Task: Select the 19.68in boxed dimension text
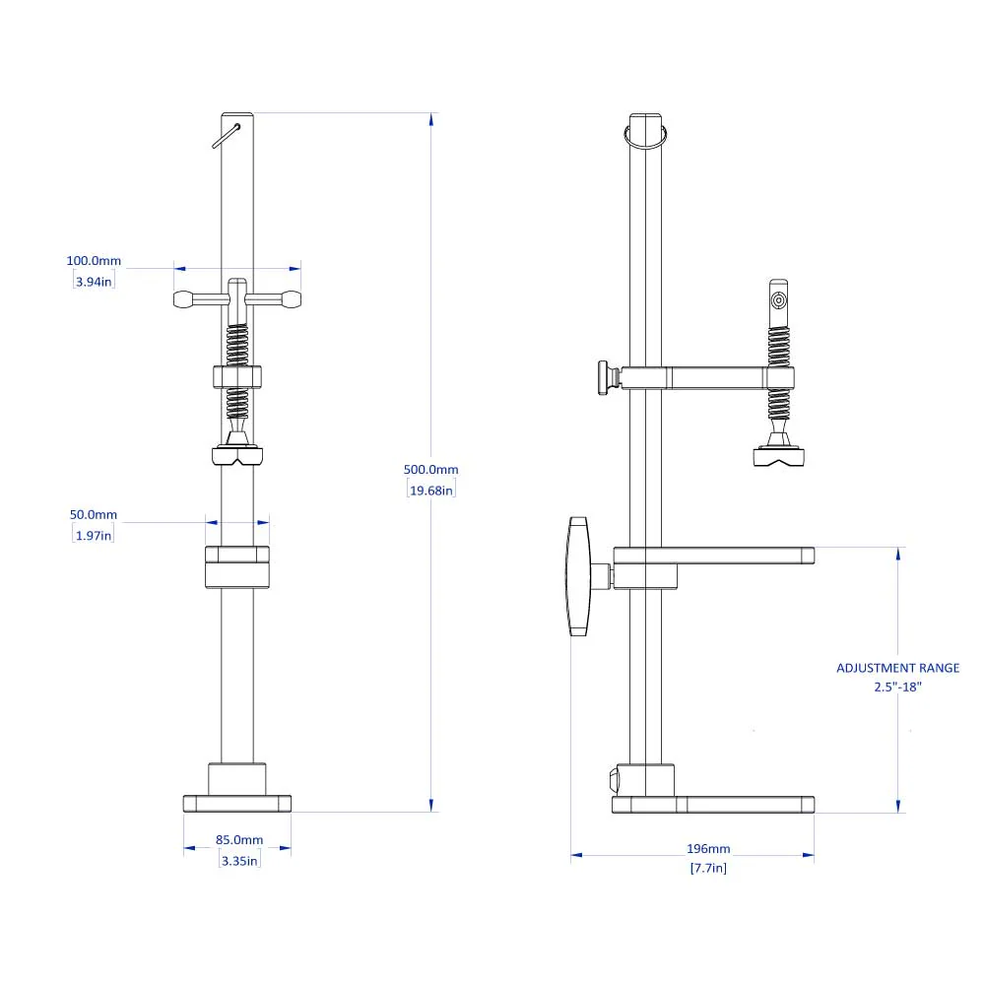(430, 491)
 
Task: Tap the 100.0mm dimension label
(94, 261)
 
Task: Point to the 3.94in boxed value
(94, 282)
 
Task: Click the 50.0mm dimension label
(94, 515)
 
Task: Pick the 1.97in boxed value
(94, 535)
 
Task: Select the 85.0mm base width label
(239, 840)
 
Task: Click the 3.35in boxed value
(238, 860)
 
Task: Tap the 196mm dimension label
(708, 849)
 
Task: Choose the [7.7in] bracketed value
(708, 868)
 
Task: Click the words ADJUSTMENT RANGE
(897, 668)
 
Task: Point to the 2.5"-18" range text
(897, 687)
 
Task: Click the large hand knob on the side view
(577, 576)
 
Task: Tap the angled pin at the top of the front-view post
(227, 135)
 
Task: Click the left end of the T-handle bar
(184, 298)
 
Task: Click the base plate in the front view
(237, 803)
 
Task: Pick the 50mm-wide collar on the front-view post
(236, 567)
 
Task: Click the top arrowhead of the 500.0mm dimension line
(430, 120)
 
